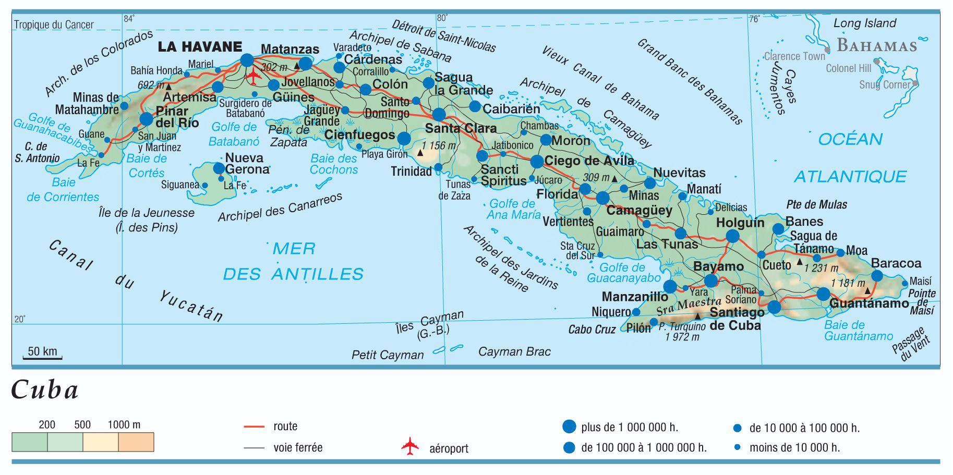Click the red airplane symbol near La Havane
tap(254, 77)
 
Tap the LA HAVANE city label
tap(200, 47)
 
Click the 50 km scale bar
tap(42, 357)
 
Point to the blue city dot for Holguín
tap(732, 236)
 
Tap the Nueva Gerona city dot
tap(219, 168)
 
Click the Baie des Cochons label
tap(334, 164)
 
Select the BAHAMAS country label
tap(877, 46)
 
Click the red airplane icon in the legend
tap(410, 447)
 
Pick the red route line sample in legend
tap(255, 427)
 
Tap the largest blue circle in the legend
tap(569, 427)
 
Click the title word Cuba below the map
tap(45, 389)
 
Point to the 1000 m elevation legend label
tap(124, 424)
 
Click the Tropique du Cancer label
tap(54, 25)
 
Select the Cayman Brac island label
tap(514, 351)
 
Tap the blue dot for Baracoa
tap(877, 276)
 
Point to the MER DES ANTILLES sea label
tap(293, 261)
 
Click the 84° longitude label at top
tap(129, 19)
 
